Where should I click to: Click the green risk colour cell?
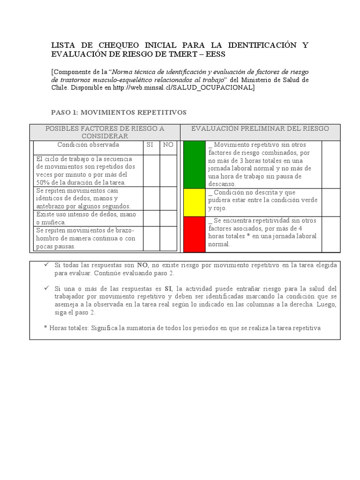tap(194, 164)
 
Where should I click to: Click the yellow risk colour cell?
tap(194, 202)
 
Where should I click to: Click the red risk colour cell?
tap(194, 234)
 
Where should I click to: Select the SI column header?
tap(150, 145)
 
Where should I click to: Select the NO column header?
tap(168, 145)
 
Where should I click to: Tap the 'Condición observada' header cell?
tap(88, 145)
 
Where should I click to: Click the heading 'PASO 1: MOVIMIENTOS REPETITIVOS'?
tap(118, 112)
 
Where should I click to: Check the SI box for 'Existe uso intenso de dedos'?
tap(151, 218)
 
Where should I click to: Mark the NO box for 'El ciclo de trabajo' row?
tap(168, 171)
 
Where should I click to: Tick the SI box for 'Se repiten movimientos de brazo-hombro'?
tap(151, 239)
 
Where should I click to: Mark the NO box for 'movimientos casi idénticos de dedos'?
tap(168, 198)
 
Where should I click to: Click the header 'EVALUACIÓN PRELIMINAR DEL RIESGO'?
tap(260, 128)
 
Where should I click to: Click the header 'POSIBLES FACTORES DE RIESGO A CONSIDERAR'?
tap(104, 132)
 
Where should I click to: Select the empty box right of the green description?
tap(331, 164)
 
